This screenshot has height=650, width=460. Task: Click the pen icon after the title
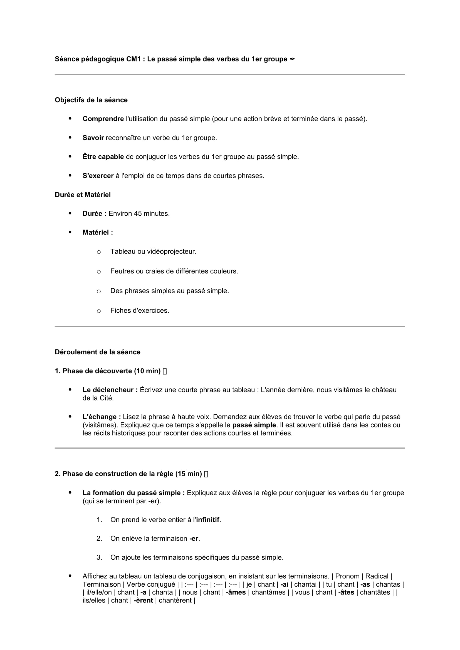click(292, 59)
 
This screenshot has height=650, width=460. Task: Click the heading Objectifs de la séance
click(91, 100)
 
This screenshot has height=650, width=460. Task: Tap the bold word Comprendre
click(103, 119)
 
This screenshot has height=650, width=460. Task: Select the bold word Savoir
click(93, 138)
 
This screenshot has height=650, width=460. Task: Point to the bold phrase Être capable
click(103, 157)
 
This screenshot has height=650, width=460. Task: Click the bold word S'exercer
click(98, 176)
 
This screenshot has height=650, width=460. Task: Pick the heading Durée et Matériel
click(83, 195)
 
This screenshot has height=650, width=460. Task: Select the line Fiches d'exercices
click(140, 311)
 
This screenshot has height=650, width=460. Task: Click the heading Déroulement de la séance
click(97, 352)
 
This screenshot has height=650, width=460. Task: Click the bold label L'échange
click(102, 417)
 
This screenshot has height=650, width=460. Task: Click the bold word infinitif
click(208, 520)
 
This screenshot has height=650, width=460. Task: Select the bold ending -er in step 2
click(194, 539)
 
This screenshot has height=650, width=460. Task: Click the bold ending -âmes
click(236, 592)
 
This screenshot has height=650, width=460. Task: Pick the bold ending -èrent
click(143, 601)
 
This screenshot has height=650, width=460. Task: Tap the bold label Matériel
click(97, 232)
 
